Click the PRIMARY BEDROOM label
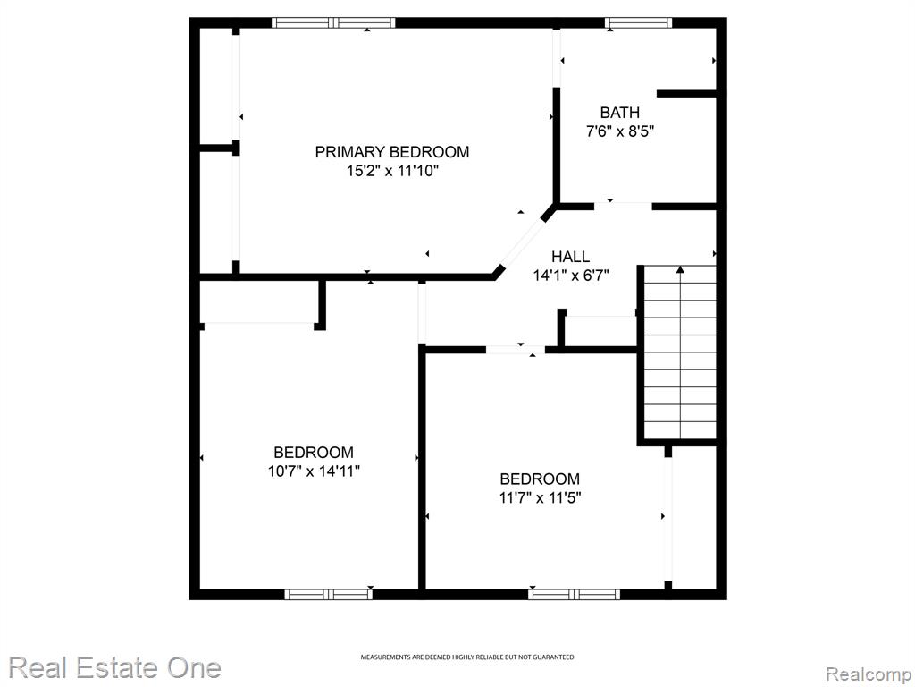click(392, 152)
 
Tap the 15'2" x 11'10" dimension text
click(392, 171)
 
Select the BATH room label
click(620, 112)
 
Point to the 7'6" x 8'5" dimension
click(620, 131)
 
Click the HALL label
click(571, 257)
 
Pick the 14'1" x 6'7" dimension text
click(571, 276)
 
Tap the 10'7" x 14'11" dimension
click(314, 471)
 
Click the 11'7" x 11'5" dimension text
click(540, 497)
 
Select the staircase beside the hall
click(680, 352)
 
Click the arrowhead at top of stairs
click(680, 269)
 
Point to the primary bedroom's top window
click(333, 22)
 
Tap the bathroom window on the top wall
click(638, 22)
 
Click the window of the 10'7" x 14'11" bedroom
click(329, 595)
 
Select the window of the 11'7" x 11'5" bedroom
click(575, 595)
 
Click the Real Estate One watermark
click(115, 667)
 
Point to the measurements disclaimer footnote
click(466, 657)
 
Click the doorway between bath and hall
click(623, 207)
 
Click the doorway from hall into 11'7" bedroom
click(516, 350)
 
